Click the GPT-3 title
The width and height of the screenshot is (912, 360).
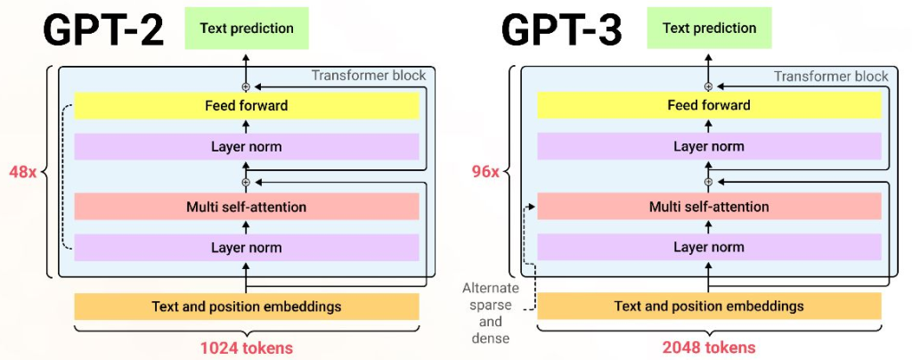[x=563, y=30]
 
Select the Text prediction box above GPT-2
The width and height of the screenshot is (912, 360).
[x=247, y=29]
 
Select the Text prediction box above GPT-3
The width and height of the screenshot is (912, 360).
[x=709, y=29]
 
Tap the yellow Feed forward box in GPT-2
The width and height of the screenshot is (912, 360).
[x=247, y=105]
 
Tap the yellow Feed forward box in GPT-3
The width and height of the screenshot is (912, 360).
[x=709, y=105]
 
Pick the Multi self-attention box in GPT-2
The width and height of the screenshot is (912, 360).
[x=247, y=207]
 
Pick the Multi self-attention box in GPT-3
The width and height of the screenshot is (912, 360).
[x=709, y=207]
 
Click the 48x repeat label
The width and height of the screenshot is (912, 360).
[x=21, y=170]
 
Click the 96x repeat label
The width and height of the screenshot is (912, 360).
[x=484, y=170]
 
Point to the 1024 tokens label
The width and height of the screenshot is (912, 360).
[x=247, y=347]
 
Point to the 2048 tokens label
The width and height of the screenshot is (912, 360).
[x=709, y=347]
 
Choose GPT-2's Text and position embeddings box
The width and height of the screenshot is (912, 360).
[x=247, y=307]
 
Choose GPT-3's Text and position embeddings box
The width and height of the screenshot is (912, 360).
[x=709, y=307]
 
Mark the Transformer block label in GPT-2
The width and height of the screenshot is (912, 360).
[x=368, y=76]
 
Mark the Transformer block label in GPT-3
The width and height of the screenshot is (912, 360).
[x=830, y=76]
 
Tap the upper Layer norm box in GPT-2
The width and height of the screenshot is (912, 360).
[x=247, y=146]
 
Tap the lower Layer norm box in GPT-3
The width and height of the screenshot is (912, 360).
[x=709, y=248]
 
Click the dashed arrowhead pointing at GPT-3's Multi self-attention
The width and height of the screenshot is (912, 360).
[x=532, y=208]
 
